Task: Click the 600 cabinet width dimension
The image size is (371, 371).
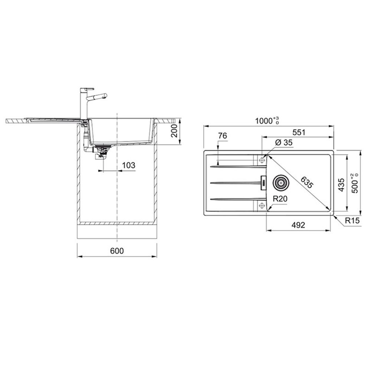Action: [117, 251]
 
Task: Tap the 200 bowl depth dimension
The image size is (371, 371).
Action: [174, 131]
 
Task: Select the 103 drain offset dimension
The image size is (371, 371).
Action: [128, 165]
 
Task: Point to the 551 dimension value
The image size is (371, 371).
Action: [299, 132]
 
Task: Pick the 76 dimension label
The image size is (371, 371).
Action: [222, 136]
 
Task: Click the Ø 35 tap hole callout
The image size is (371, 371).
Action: [284, 142]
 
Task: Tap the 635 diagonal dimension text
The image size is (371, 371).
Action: [307, 183]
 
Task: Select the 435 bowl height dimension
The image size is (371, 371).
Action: [341, 185]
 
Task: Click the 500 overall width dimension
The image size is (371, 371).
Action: [355, 183]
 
